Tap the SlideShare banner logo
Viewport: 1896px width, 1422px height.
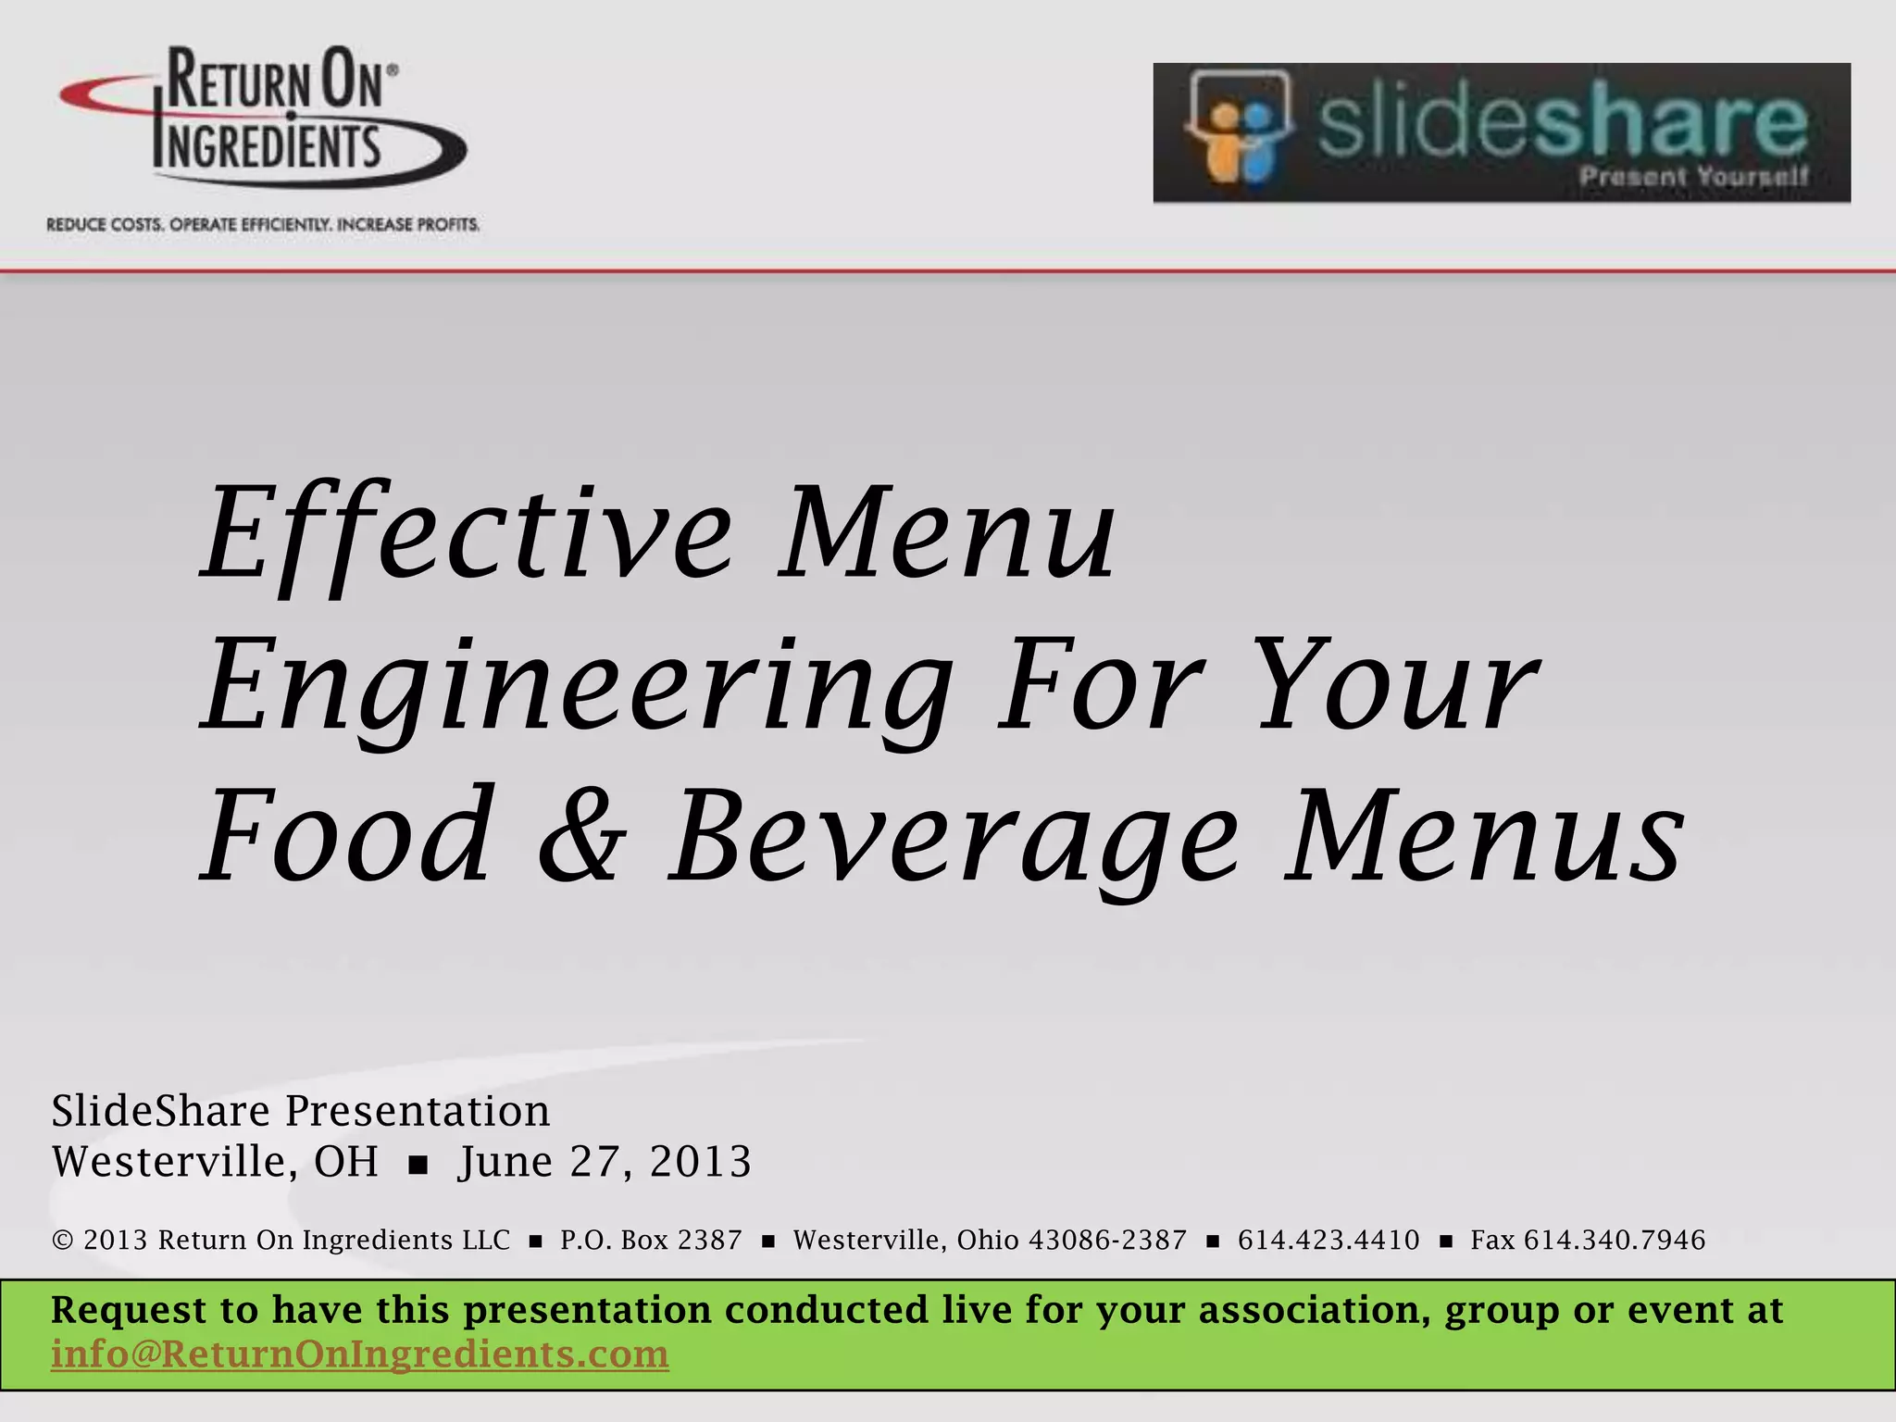click(x=1501, y=132)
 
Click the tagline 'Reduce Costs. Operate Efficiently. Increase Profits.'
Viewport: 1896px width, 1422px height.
click(x=264, y=225)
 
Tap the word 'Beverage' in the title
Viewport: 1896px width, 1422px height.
click(x=954, y=838)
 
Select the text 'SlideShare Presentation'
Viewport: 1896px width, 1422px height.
click(x=301, y=1111)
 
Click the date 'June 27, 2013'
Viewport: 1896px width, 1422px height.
click(x=605, y=1162)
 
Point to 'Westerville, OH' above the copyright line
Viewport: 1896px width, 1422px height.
click(x=215, y=1162)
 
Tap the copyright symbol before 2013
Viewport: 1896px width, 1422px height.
click(x=63, y=1241)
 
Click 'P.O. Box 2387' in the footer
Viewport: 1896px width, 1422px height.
click(x=651, y=1241)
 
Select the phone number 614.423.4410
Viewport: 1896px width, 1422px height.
click(x=1328, y=1241)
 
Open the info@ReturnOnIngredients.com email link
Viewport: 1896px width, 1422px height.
click(x=359, y=1354)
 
